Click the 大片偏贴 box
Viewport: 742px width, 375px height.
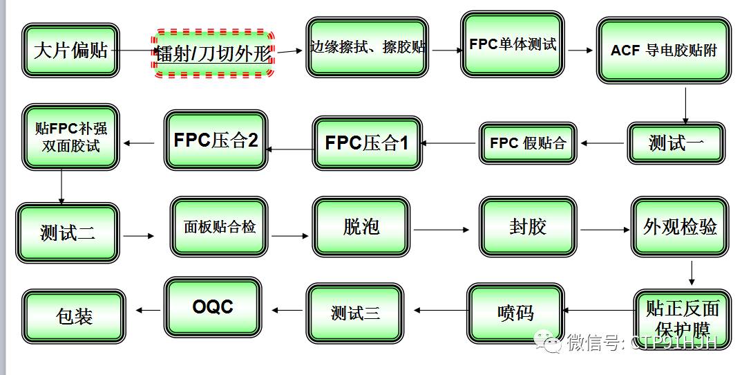click(70, 50)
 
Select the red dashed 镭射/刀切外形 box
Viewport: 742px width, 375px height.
click(213, 53)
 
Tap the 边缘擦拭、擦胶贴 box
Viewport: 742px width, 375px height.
click(367, 48)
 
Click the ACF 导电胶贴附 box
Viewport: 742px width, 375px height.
click(663, 51)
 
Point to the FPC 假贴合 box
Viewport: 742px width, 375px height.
click(528, 143)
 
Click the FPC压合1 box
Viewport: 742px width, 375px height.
click(367, 143)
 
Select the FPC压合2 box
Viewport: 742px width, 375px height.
click(216, 140)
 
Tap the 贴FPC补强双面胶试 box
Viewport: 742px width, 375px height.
click(70, 136)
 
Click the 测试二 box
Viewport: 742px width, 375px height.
click(67, 232)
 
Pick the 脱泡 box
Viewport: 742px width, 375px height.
click(361, 226)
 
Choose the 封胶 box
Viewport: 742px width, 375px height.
click(528, 226)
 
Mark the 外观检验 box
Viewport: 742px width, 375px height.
click(680, 226)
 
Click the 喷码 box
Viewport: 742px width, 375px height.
click(515, 313)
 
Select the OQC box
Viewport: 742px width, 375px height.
click(213, 307)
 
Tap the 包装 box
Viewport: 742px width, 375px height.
click(74, 316)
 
